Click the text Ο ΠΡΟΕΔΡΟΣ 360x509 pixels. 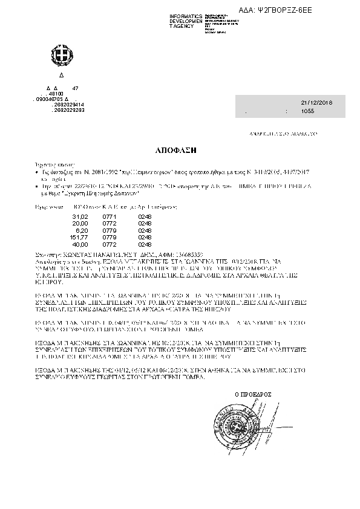pos(253,394)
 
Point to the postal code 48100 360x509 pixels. pos(56,94)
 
